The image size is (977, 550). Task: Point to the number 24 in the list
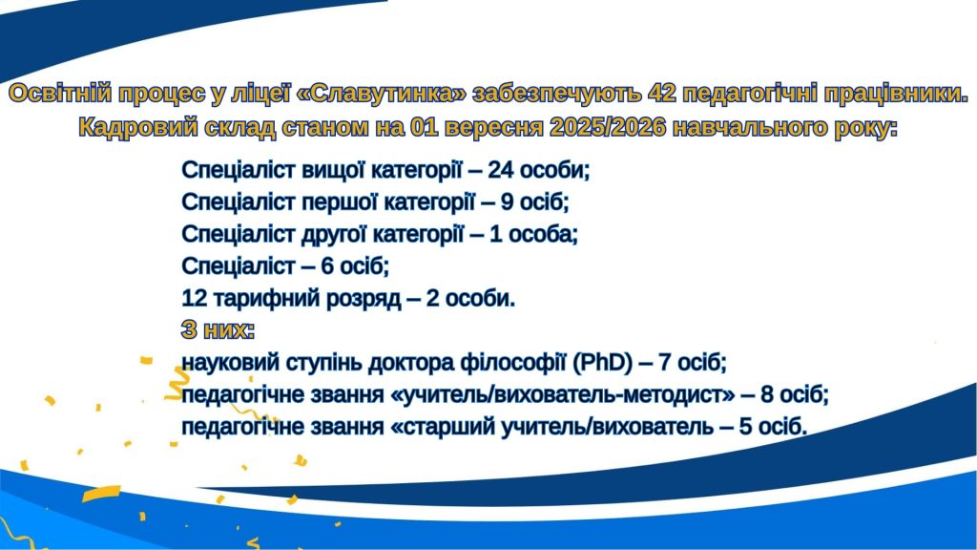pyautogui.click(x=500, y=170)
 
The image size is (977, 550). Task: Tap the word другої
pyautogui.click(x=334, y=235)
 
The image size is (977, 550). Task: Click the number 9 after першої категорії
pyautogui.click(x=508, y=202)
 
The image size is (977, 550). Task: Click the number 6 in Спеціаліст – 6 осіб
pyautogui.click(x=328, y=267)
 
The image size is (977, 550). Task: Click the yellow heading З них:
pyautogui.click(x=218, y=330)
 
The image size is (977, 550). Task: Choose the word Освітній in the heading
pyautogui.click(x=60, y=94)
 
